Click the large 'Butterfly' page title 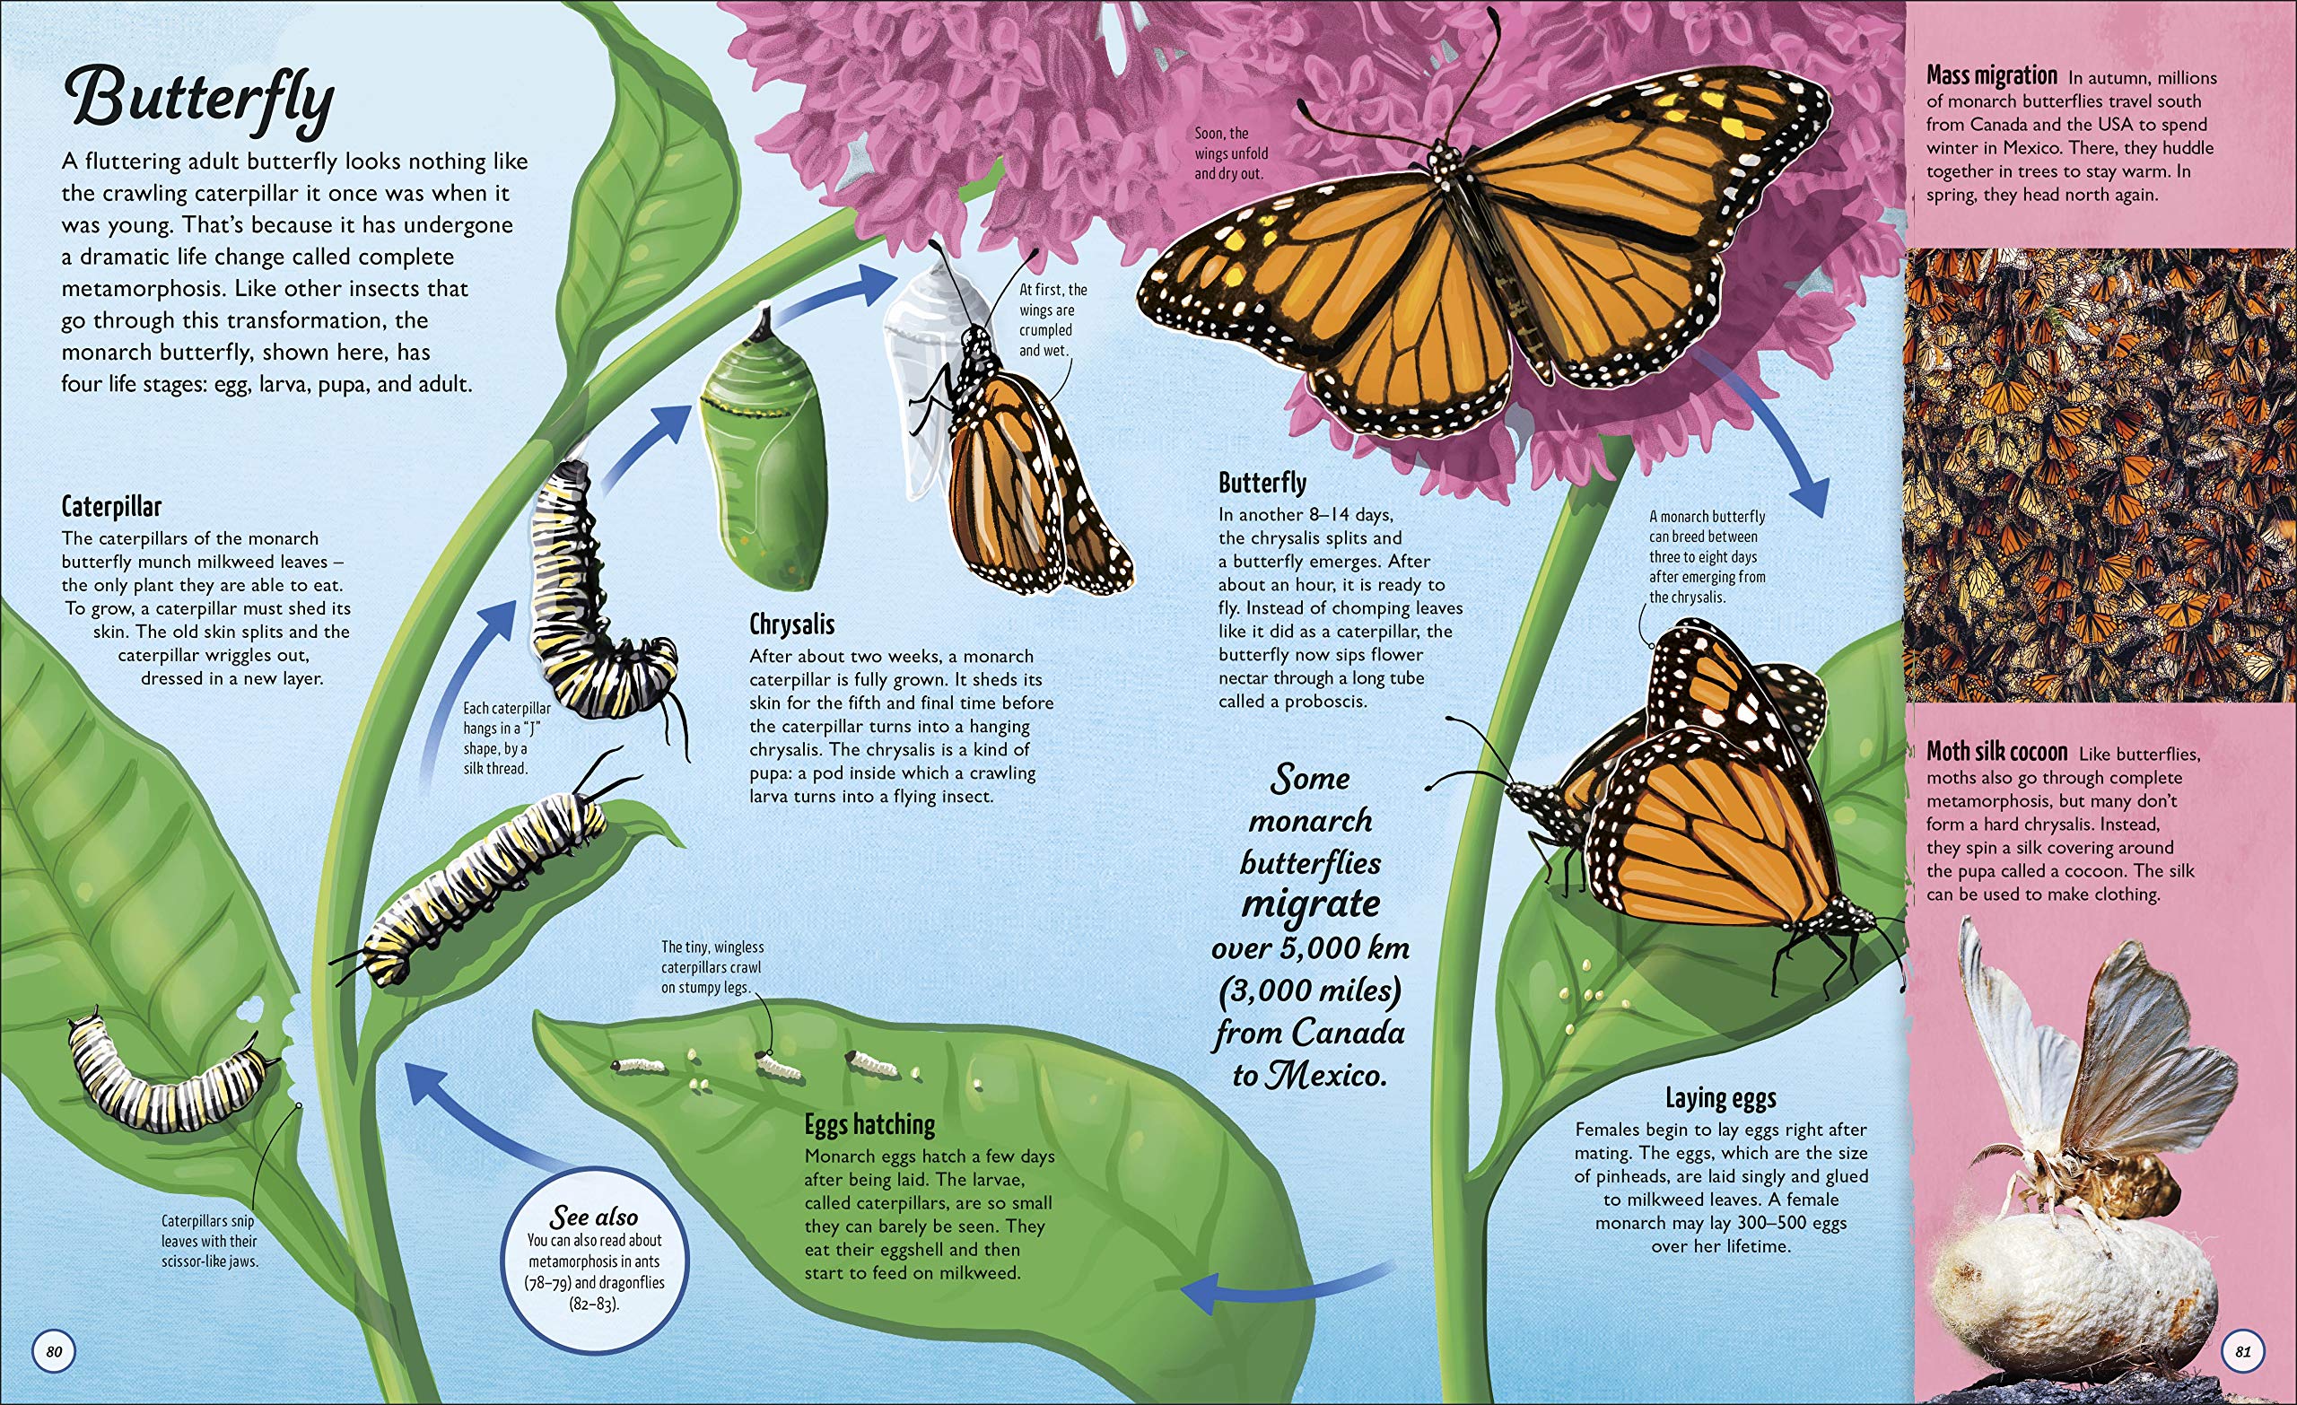[200, 98]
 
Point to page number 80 [54, 1352]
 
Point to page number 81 [2243, 1352]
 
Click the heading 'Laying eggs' [1720, 1098]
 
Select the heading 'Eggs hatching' [869, 1125]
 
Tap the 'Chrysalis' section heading [791, 624]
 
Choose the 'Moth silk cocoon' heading [1996, 752]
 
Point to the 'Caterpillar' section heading [111, 507]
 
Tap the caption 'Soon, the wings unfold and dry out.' [1230, 153]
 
